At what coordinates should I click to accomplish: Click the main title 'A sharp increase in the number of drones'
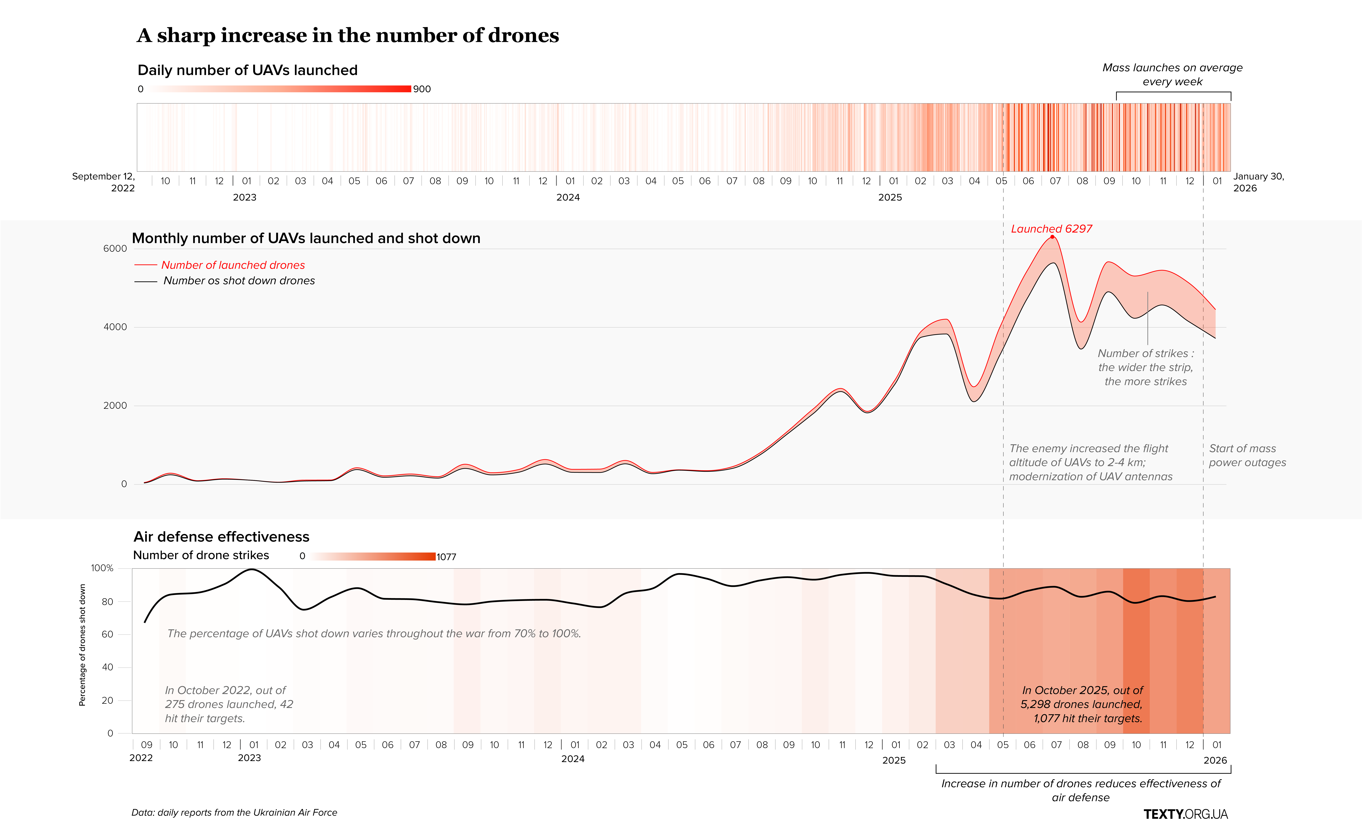pos(348,35)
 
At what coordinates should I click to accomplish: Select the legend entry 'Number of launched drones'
pos(233,265)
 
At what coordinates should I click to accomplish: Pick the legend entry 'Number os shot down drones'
pos(239,281)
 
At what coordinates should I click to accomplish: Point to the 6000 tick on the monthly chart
pos(115,249)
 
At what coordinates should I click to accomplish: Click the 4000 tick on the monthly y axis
pos(115,327)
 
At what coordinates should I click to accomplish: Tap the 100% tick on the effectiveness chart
pos(102,568)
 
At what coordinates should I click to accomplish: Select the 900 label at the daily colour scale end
pos(422,89)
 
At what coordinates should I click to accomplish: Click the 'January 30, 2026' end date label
pos(1258,182)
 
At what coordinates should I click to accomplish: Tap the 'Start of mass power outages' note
pos(1247,455)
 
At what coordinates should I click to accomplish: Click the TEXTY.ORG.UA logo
pos(1185,814)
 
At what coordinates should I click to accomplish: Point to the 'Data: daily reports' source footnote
pos(234,812)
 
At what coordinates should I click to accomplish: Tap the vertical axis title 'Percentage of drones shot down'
pos(82,645)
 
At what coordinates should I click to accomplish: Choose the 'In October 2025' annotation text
pos(1082,704)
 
